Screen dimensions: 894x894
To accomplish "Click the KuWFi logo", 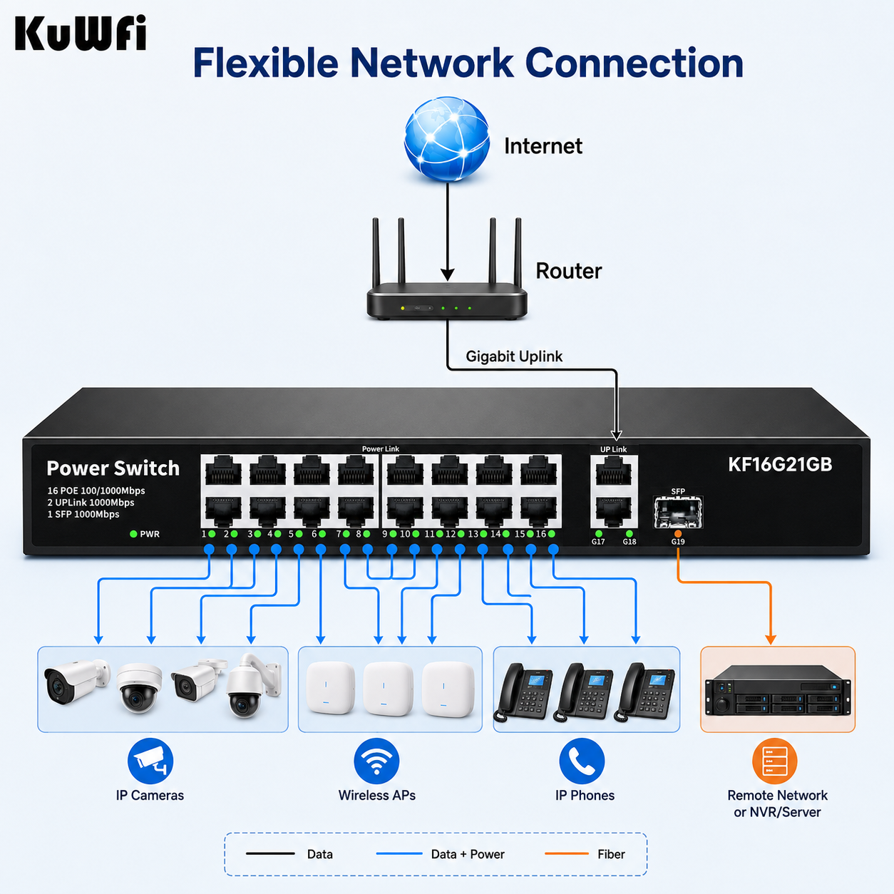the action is point(81,33).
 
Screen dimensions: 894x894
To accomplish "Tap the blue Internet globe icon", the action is point(447,139).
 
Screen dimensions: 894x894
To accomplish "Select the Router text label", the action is point(569,271).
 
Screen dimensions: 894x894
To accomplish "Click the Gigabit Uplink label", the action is point(514,356).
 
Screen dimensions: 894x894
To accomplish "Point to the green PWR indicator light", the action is point(133,534).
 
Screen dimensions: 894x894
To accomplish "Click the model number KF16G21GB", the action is point(780,464).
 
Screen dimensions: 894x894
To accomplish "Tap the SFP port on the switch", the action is point(678,512).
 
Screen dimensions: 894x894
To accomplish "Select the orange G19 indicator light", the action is point(678,534).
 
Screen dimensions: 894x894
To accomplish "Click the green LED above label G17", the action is point(598,534).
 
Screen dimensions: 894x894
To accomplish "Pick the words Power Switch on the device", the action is point(113,468).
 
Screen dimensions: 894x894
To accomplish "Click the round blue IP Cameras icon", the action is point(150,761).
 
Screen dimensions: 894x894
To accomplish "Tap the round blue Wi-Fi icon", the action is point(376,761).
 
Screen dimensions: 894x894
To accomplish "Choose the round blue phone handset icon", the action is point(582,761).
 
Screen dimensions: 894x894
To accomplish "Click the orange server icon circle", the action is point(775,761).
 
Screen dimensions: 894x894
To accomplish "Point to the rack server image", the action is point(778,690).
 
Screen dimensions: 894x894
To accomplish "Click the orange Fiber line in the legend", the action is point(567,853).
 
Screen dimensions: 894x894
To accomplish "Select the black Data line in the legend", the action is point(270,853).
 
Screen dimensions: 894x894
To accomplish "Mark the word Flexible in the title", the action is point(265,63).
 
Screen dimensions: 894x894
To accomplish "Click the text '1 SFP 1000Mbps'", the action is point(83,514).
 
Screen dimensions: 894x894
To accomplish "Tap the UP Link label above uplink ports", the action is point(613,449).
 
